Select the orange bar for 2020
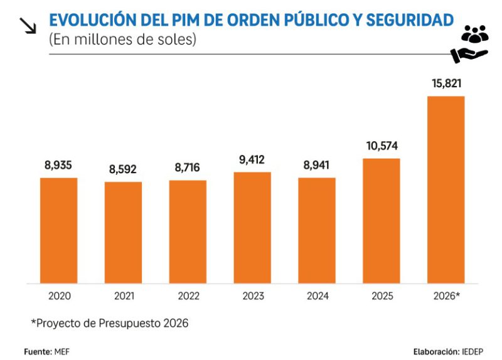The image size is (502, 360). (58, 230)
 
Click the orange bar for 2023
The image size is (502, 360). (252, 228)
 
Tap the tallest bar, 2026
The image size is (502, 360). (446, 189)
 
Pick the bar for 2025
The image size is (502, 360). (381, 221)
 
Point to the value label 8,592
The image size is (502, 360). (123, 169)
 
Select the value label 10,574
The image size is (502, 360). (381, 146)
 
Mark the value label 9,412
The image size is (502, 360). (252, 159)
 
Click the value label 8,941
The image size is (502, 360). (317, 166)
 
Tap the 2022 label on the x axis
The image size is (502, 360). (188, 296)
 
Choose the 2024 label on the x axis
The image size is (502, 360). (317, 296)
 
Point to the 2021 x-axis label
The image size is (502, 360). (123, 296)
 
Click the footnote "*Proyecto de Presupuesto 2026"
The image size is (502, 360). (110, 324)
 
